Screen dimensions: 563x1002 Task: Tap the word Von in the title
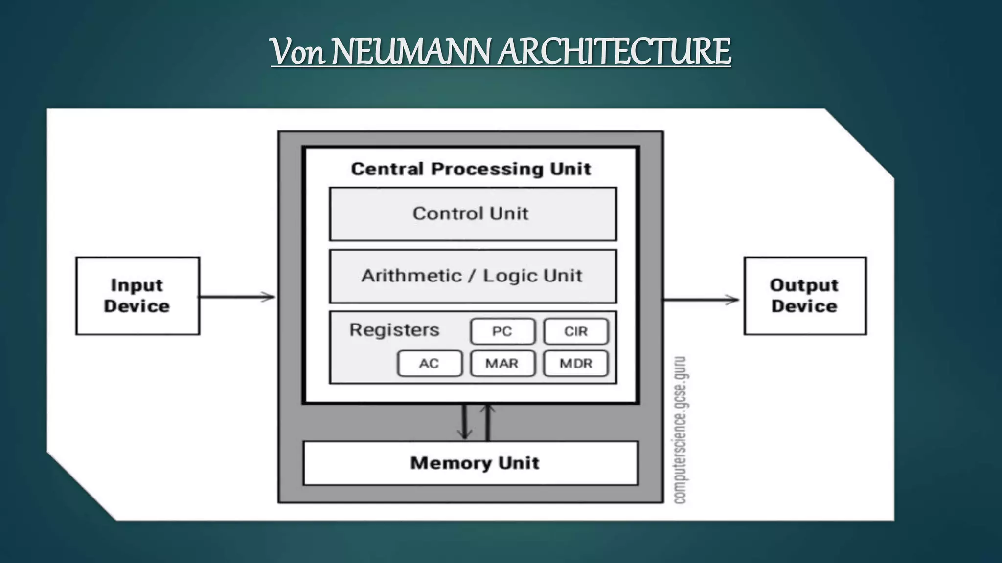[297, 52]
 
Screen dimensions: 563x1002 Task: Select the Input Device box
[137, 296]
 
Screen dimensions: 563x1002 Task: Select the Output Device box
[805, 296]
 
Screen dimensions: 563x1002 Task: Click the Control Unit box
[473, 214]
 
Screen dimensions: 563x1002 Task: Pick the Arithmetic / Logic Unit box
[473, 276]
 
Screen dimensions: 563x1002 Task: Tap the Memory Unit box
[471, 463]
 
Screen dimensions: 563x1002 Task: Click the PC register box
[502, 331]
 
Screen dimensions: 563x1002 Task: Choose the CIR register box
[576, 331]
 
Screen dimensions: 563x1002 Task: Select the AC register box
[430, 363]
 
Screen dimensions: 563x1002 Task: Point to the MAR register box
[502, 363]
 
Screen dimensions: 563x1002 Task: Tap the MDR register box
[576, 363]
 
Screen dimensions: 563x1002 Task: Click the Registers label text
[394, 330]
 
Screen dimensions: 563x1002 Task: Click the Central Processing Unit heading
[471, 169]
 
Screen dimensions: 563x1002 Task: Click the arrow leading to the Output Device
[701, 300]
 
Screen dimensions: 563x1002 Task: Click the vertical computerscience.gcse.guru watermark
[681, 430]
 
